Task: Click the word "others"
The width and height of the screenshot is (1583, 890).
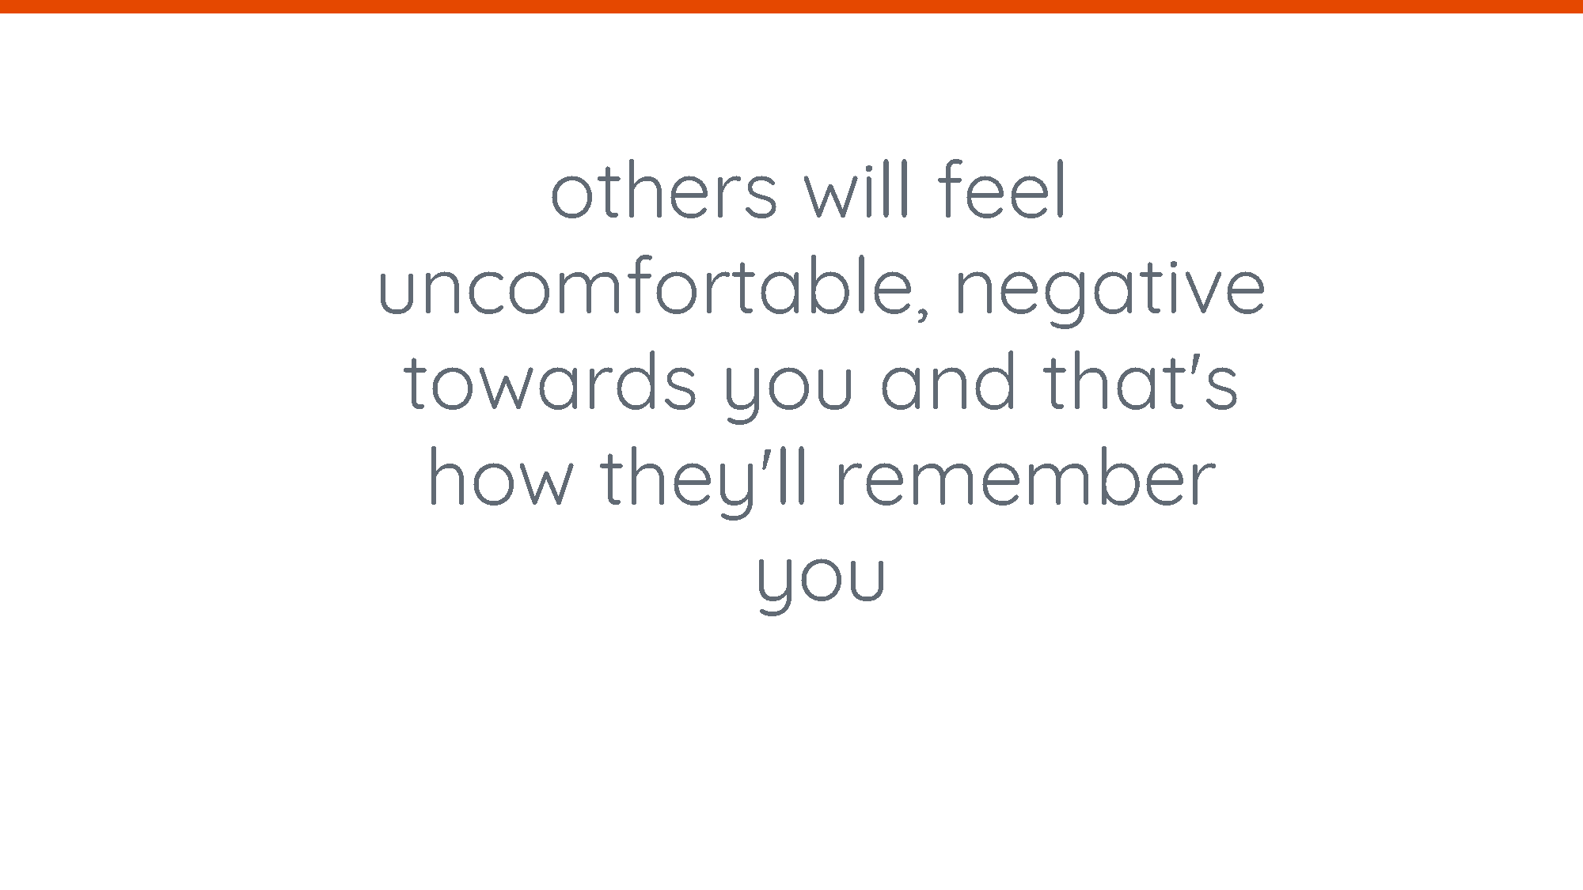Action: [x=664, y=189]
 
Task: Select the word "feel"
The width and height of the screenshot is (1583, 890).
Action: [x=1001, y=189]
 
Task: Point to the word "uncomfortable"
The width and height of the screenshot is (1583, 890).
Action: [x=646, y=286]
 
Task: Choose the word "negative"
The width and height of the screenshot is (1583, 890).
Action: [x=1110, y=291]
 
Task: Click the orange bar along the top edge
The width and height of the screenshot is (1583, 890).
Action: [x=791, y=6]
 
